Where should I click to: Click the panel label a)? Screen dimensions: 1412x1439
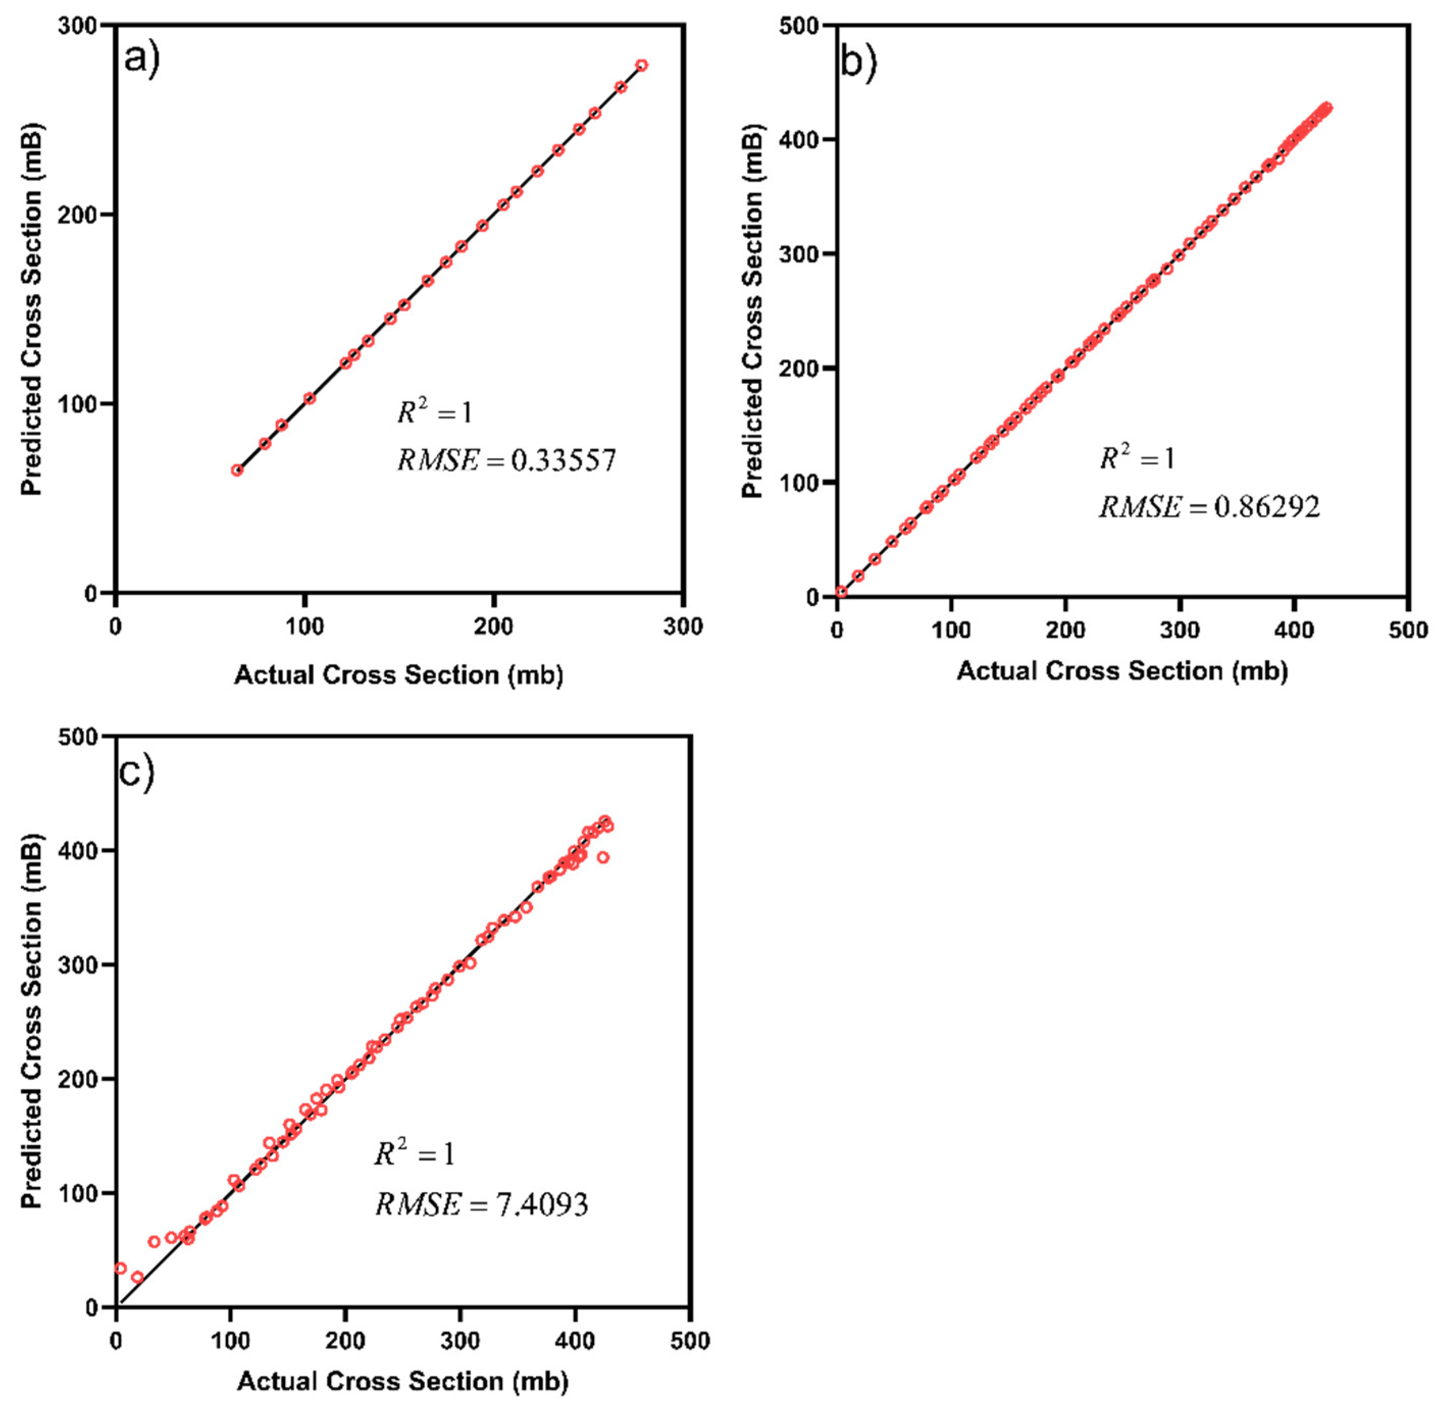[x=141, y=58]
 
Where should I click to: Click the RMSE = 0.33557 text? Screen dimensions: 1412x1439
[x=506, y=461]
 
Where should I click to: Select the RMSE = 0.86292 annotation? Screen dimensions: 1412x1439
[x=1209, y=507]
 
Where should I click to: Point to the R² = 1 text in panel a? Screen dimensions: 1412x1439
[x=434, y=412]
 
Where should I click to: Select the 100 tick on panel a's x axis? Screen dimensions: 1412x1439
[x=305, y=626]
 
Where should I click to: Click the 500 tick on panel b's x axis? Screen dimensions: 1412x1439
[x=1407, y=631]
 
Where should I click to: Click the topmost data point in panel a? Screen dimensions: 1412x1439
[x=642, y=65]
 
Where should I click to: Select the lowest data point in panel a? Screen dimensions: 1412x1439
[x=237, y=470]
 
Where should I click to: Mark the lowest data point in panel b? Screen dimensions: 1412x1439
[x=841, y=592]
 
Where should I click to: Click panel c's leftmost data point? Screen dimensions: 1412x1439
[x=120, y=1268]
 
